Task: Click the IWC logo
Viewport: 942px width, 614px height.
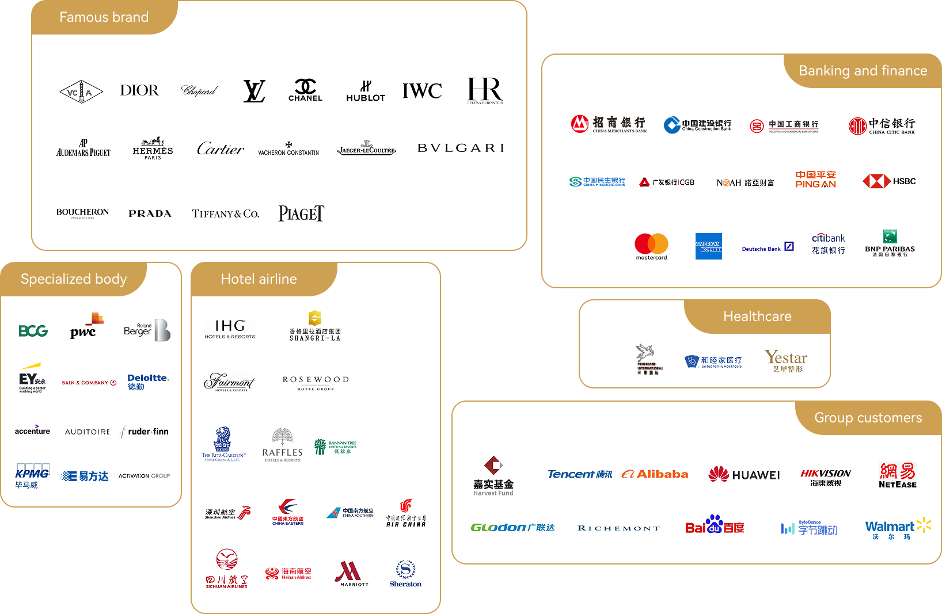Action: pyautogui.click(x=422, y=91)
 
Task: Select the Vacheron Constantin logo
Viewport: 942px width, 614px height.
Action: pyautogui.click(x=288, y=148)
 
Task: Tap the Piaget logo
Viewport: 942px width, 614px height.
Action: pyautogui.click(x=302, y=213)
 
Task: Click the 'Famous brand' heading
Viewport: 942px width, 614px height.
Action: pyautogui.click(x=104, y=17)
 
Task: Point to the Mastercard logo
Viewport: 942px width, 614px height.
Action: pyautogui.click(x=651, y=246)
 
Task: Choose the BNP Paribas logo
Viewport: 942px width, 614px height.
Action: pyautogui.click(x=890, y=244)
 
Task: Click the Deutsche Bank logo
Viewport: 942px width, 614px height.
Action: pyautogui.click(x=768, y=247)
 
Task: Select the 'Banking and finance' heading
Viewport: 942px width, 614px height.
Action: pyautogui.click(x=863, y=71)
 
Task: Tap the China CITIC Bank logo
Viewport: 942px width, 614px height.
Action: pyautogui.click(x=882, y=126)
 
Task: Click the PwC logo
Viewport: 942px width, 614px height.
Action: pyautogui.click(x=87, y=325)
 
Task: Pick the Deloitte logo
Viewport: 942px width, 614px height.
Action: pyautogui.click(x=148, y=383)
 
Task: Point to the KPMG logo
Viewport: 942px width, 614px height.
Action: pyautogui.click(x=32, y=476)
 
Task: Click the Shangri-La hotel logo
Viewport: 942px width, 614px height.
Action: pyautogui.click(x=315, y=326)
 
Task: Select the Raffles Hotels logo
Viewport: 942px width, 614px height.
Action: pyautogui.click(x=282, y=445)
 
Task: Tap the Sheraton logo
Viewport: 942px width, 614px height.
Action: pyautogui.click(x=405, y=573)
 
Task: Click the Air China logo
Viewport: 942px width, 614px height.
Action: pyautogui.click(x=406, y=513)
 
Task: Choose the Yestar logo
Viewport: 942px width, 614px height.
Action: pyautogui.click(x=786, y=361)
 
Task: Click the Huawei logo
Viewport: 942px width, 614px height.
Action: pyautogui.click(x=744, y=474)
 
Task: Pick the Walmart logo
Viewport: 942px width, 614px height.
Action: pyautogui.click(x=899, y=528)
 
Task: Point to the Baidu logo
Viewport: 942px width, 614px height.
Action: pyautogui.click(x=715, y=524)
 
